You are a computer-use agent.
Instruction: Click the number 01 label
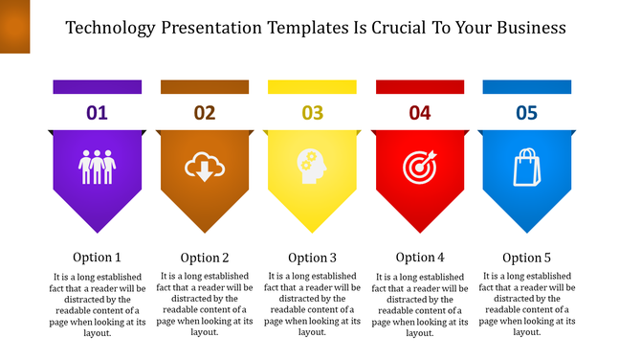click(97, 113)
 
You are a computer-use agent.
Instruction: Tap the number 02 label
click(205, 113)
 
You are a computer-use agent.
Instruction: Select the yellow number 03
click(312, 113)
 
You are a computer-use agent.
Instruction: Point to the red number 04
click(420, 113)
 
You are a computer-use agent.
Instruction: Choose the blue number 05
click(527, 113)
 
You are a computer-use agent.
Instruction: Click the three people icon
click(97, 166)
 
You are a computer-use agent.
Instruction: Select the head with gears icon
click(312, 167)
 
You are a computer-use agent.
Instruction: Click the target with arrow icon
click(420, 167)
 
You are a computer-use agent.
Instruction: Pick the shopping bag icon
click(527, 167)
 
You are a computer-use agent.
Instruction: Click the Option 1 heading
click(97, 257)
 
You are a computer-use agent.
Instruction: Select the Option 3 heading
click(312, 257)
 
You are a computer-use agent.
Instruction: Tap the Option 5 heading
click(527, 257)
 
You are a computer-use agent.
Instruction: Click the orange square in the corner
click(15, 26)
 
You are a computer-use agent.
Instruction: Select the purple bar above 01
click(97, 87)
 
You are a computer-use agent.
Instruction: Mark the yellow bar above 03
click(312, 87)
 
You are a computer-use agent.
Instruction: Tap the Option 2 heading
click(205, 257)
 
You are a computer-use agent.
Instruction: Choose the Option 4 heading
click(420, 257)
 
